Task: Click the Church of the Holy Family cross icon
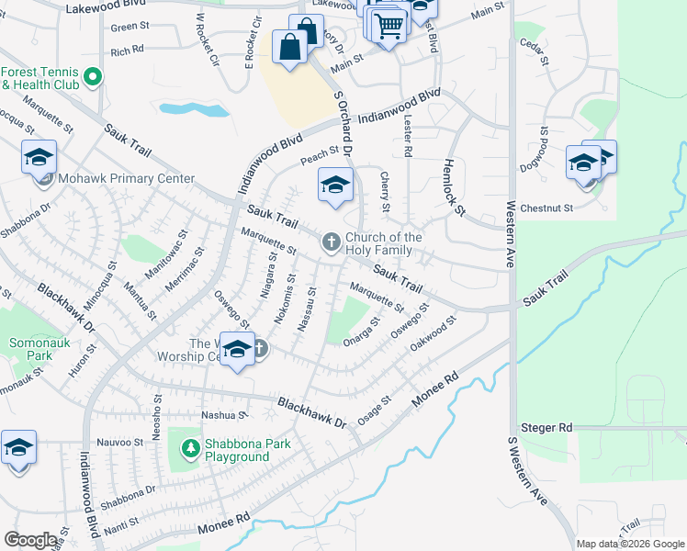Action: point(332,242)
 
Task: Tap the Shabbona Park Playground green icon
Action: point(190,449)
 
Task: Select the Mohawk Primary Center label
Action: point(125,179)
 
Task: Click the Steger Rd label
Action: point(546,428)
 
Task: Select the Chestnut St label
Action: point(546,208)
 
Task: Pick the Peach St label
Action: point(321,152)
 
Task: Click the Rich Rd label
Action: point(127,51)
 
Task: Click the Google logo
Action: point(30,540)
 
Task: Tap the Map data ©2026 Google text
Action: point(629,544)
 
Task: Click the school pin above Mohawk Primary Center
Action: point(39,158)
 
